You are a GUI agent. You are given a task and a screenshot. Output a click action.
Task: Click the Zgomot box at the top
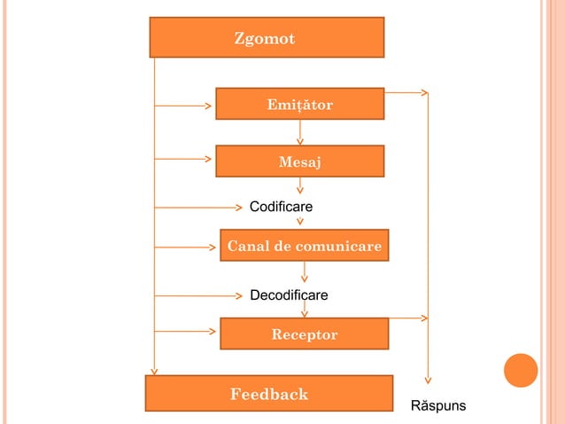[x=266, y=37]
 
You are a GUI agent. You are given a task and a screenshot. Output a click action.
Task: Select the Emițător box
[x=299, y=104]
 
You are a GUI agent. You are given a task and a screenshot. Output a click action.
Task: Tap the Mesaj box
[x=299, y=161]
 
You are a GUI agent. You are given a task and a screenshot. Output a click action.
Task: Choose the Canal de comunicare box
[x=304, y=246]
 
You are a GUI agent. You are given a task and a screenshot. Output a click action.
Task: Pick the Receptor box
[x=304, y=334]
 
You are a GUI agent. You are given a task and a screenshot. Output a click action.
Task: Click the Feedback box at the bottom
[x=268, y=393]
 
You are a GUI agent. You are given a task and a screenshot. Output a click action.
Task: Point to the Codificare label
[x=281, y=207]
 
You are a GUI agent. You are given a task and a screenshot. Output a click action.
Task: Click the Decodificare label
[x=289, y=294]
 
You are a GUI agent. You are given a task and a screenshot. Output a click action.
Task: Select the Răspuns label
[x=437, y=406]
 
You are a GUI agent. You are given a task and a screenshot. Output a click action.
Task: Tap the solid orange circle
[x=521, y=371]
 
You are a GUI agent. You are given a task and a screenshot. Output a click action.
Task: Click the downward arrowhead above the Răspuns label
[x=428, y=378]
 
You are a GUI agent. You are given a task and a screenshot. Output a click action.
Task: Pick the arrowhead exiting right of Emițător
[x=424, y=91]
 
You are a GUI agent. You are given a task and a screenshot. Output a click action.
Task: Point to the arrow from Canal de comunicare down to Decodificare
[x=305, y=273]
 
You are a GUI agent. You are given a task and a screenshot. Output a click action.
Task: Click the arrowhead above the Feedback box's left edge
[x=154, y=371]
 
